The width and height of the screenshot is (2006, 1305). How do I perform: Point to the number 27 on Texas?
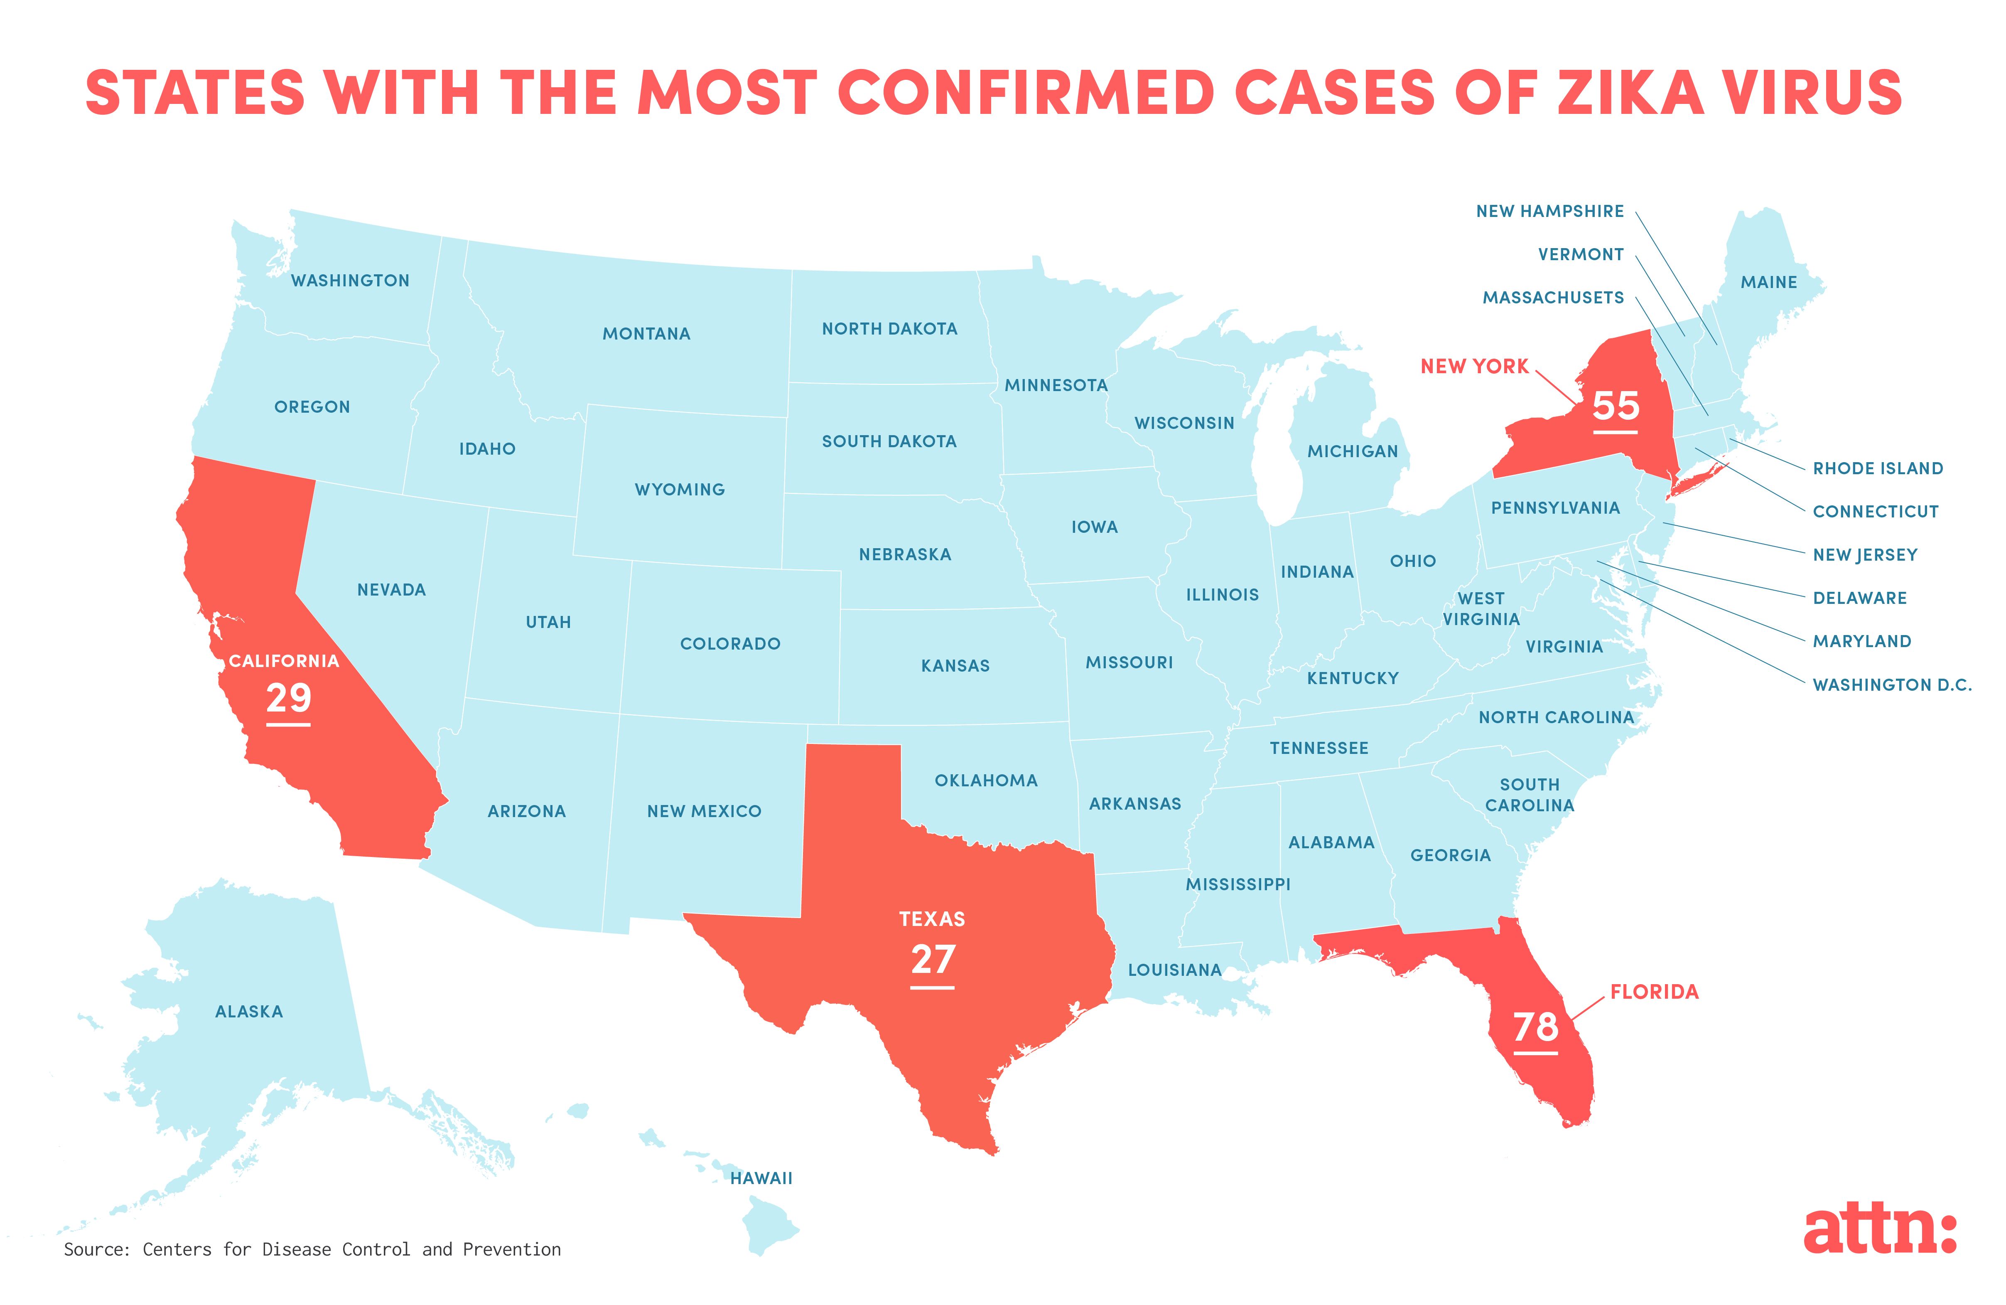932,959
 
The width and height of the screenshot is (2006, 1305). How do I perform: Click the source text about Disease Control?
312,1249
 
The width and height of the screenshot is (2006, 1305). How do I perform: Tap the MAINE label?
1768,283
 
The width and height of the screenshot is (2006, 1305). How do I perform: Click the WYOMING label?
679,490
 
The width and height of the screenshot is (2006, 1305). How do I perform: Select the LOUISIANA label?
1174,970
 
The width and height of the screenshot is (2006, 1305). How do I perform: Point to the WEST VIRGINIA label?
1481,609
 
